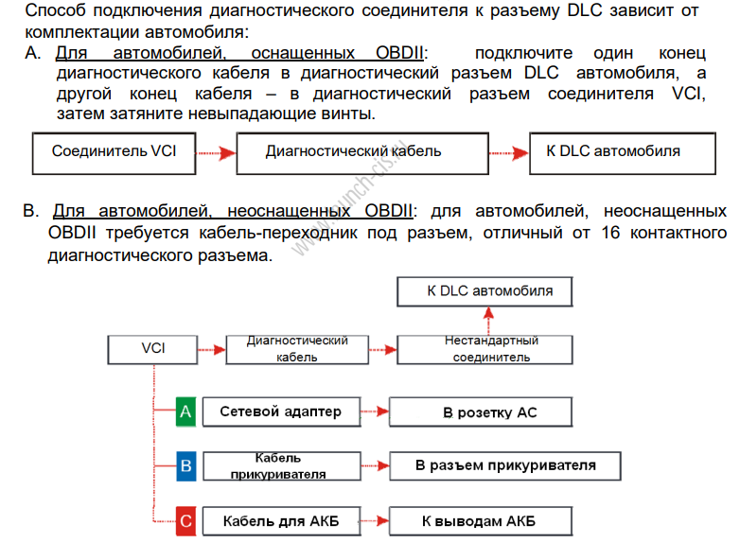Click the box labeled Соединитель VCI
114,151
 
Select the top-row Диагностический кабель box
353,151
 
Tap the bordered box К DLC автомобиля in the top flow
612,151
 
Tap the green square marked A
185,412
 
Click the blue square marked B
185,465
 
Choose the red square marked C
185,520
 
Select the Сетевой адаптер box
281,412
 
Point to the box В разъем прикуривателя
505,465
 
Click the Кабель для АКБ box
281,520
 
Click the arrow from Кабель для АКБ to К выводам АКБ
376,520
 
